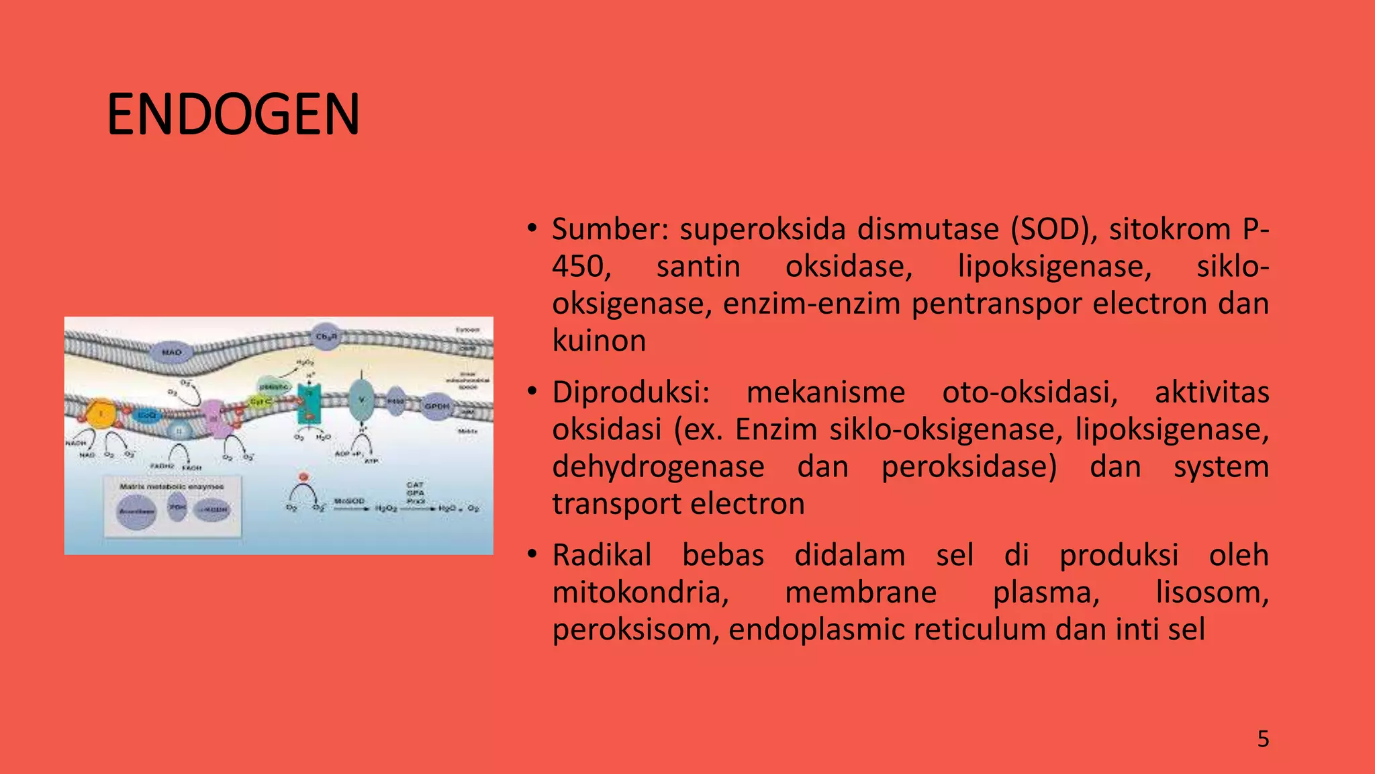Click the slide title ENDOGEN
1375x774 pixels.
[233, 114]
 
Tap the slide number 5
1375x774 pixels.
[1263, 739]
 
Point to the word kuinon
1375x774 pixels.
[599, 341]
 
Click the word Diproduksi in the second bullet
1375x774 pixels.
[630, 392]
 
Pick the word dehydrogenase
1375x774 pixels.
[658, 467]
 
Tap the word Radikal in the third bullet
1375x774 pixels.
[602, 556]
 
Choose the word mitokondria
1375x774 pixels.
[641, 593]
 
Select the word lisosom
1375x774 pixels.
[1211, 593]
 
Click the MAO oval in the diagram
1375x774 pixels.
[172, 352]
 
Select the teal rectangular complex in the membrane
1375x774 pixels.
[310, 403]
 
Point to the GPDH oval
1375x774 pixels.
[437, 406]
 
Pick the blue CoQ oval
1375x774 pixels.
[146, 416]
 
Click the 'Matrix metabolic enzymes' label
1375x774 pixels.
[171, 486]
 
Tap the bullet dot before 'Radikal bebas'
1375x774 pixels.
[532, 555]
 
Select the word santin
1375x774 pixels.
[698, 267]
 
